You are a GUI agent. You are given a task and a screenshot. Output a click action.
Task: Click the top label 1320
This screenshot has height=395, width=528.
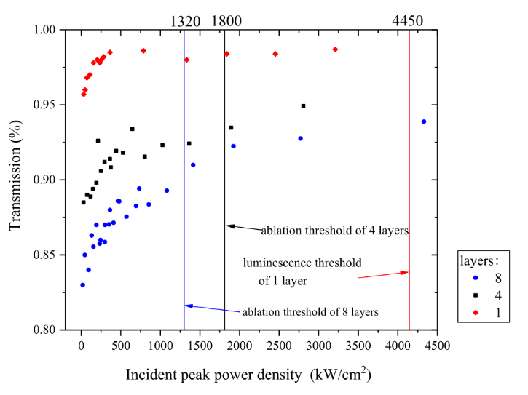point(185,21)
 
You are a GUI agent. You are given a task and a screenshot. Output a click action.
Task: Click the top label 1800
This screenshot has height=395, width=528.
point(226,21)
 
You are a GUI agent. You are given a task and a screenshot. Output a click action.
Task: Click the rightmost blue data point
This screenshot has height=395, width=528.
point(424,121)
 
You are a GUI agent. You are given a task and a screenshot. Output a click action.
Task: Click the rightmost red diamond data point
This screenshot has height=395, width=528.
point(335,49)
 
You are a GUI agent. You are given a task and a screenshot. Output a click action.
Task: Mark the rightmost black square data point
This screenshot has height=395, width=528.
point(303,105)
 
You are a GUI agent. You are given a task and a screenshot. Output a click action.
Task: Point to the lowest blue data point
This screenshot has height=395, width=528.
point(82,285)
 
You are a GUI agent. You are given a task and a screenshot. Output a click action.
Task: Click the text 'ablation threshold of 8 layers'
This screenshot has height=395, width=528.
point(310,311)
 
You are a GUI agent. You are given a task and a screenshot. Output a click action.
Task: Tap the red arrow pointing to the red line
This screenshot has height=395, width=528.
point(383,274)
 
